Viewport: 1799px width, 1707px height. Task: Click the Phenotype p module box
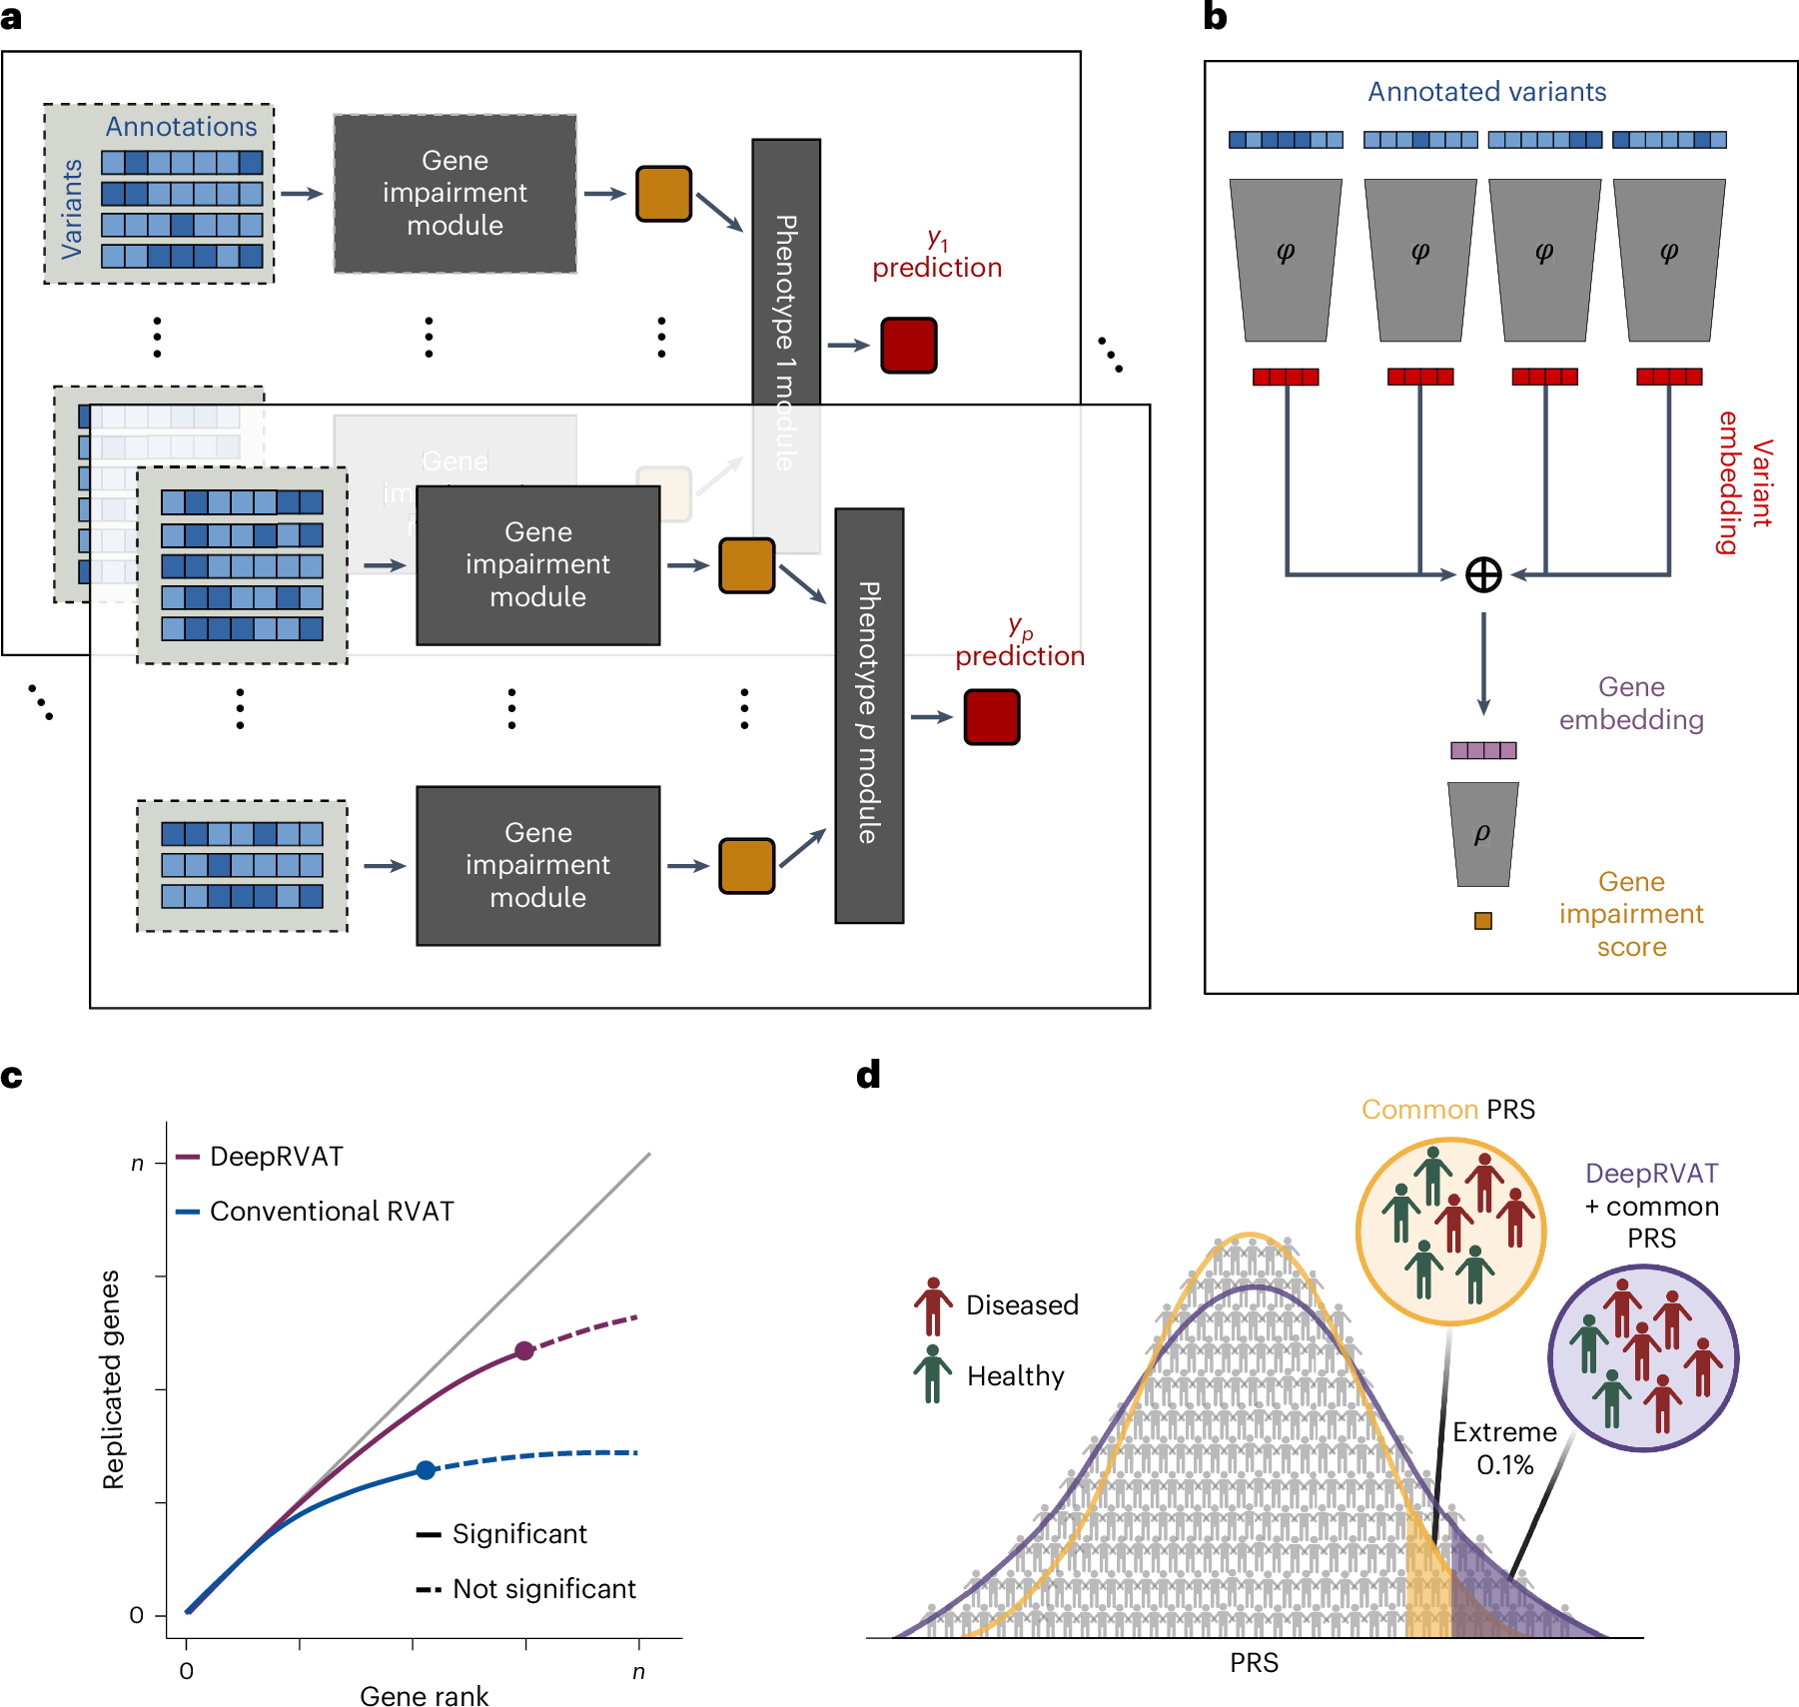click(869, 715)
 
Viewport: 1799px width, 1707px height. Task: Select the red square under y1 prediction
click(908, 346)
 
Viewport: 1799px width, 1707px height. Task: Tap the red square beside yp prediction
click(991, 717)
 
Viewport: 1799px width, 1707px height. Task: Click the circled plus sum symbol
click(1482, 574)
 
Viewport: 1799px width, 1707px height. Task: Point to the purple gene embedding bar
click(1482, 750)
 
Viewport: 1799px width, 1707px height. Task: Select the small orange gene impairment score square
click(1482, 921)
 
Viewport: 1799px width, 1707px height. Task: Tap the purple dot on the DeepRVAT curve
click(524, 1350)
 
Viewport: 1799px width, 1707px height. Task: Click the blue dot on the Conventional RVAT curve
click(427, 1469)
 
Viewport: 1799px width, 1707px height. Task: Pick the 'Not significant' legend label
click(543, 1588)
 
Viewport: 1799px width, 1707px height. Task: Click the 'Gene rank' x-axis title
click(424, 1696)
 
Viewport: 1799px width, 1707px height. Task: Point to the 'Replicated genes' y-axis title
click(112, 1379)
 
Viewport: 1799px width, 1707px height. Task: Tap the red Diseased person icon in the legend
click(932, 1305)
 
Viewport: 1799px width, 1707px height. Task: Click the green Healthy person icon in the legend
click(932, 1374)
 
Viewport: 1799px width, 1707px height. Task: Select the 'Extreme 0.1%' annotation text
click(1504, 1448)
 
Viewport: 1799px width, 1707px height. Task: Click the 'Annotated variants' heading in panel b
click(1486, 92)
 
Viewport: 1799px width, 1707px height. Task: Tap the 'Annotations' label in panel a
click(181, 127)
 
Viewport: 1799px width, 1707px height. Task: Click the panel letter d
click(868, 1075)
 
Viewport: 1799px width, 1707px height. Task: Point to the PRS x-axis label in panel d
click(1254, 1663)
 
